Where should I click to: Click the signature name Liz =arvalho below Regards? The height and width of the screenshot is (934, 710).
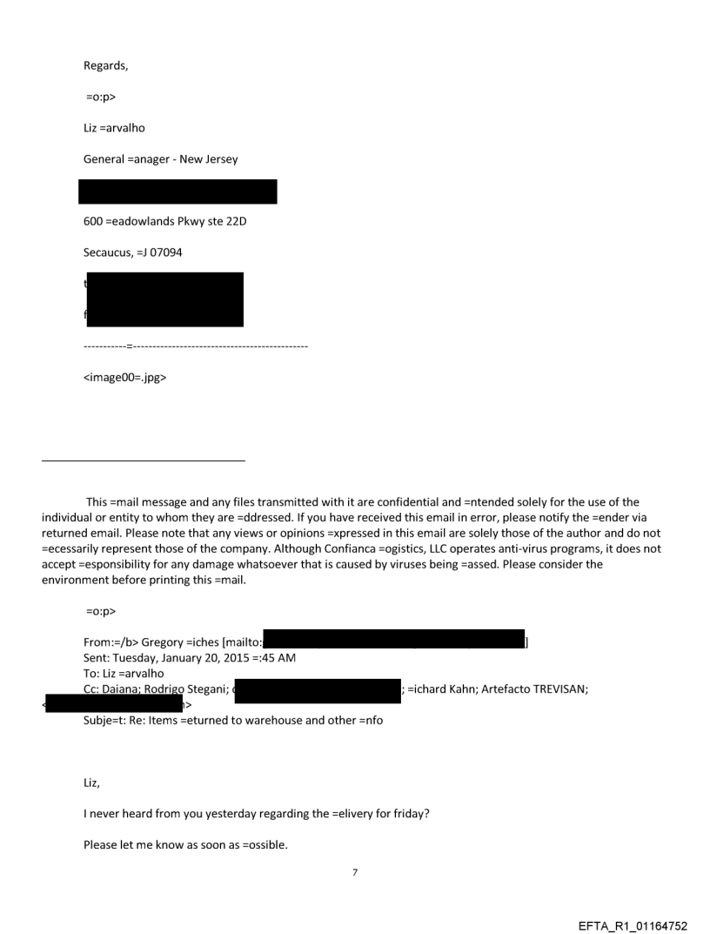114,128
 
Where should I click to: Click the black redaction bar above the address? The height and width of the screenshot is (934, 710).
177,192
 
